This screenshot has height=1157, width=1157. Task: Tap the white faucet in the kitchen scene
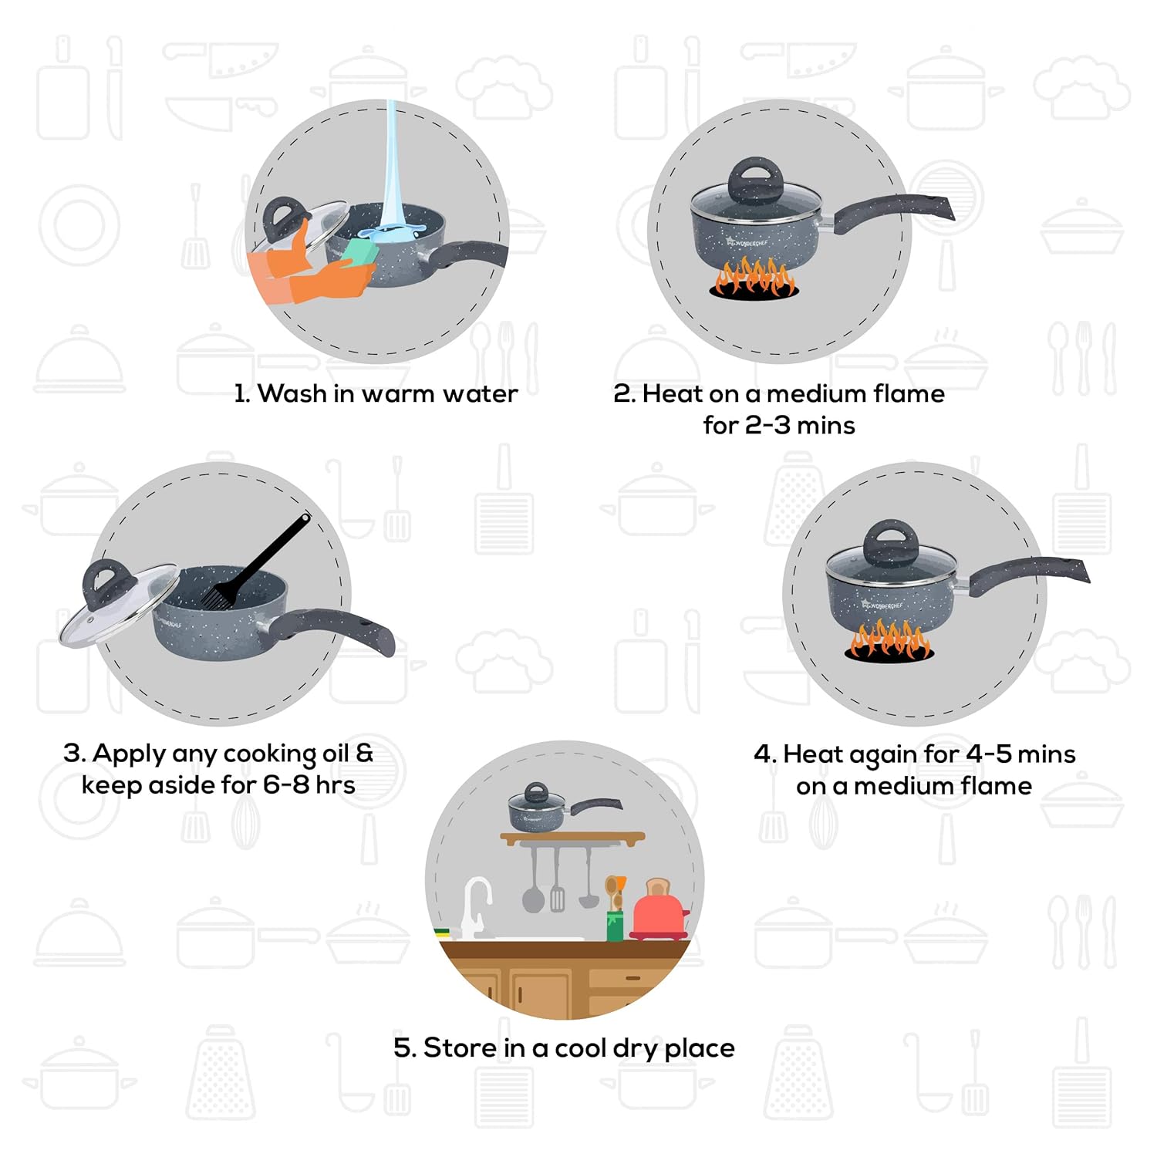(476, 906)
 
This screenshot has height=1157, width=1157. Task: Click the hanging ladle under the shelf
(589, 879)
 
